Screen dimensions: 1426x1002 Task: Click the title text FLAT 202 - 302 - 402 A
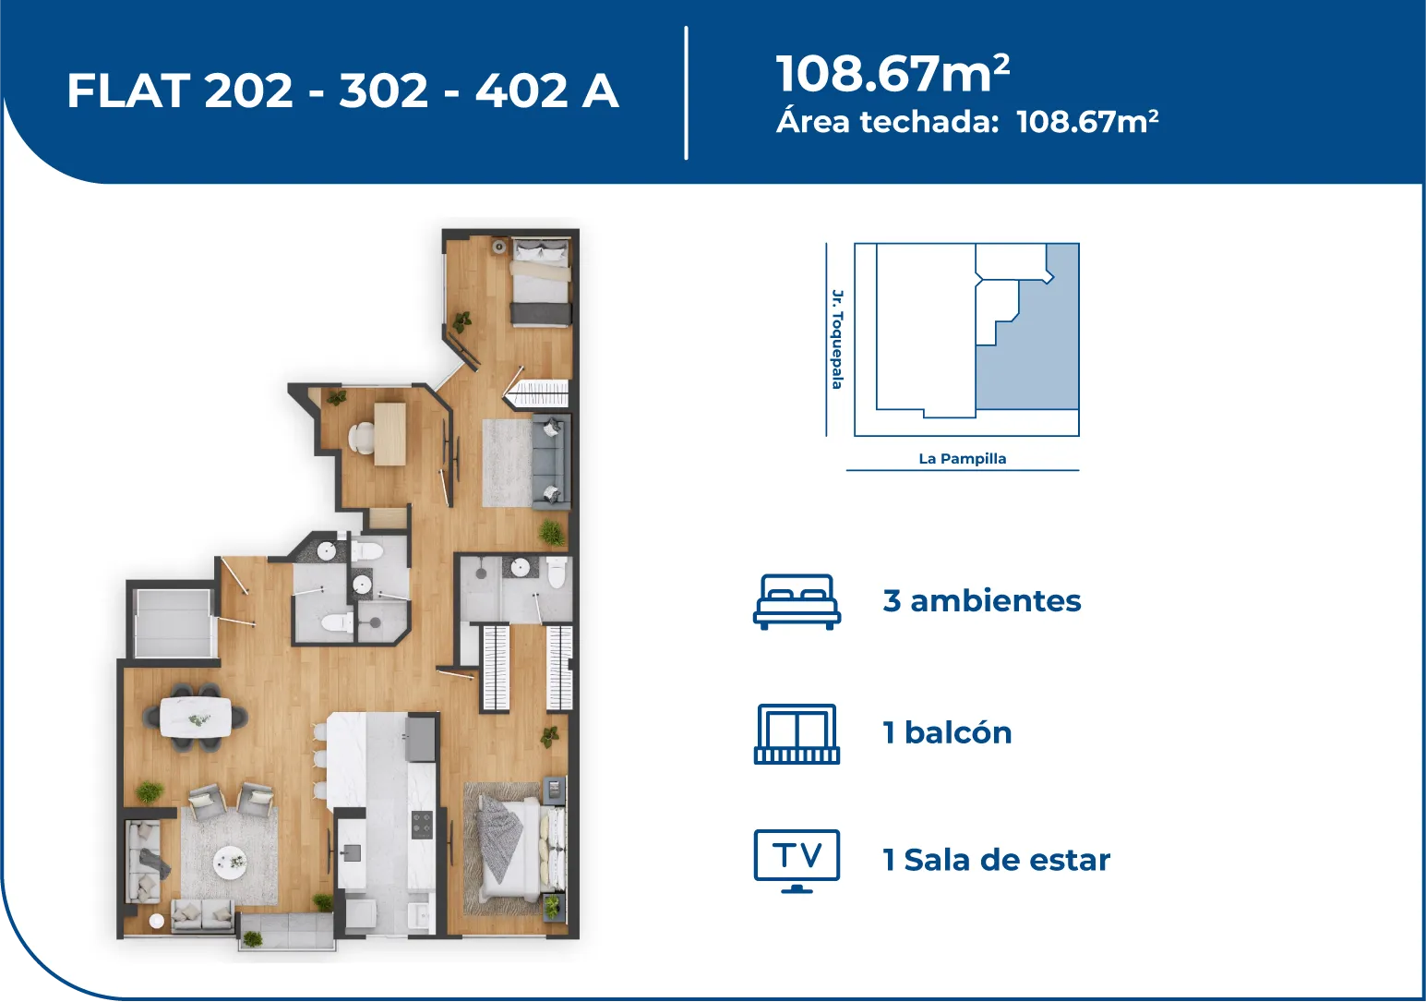click(342, 91)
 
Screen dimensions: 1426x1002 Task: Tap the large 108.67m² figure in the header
click(893, 73)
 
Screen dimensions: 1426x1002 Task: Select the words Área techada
click(887, 121)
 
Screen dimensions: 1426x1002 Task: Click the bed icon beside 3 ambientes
click(797, 602)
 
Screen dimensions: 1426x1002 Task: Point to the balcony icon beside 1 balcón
click(797, 734)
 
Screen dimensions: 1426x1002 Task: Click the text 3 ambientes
click(982, 600)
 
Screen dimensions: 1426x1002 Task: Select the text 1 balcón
click(947, 732)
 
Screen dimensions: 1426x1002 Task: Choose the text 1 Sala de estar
click(996, 860)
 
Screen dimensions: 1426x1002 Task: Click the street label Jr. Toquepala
click(837, 339)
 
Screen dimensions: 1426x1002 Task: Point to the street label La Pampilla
click(962, 459)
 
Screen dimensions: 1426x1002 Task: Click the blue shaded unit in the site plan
click(1037, 356)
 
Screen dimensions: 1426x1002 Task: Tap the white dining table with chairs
click(196, 718)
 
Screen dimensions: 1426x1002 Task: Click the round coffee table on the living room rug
click(229, 860)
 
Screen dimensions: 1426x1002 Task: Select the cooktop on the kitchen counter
click(422, 824)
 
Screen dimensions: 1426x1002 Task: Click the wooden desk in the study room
click(389, 433)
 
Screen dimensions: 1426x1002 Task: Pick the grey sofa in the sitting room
click(551, 461)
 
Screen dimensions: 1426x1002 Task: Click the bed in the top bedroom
click(541, 282)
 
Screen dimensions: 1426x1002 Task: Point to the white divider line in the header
click(686, 93)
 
